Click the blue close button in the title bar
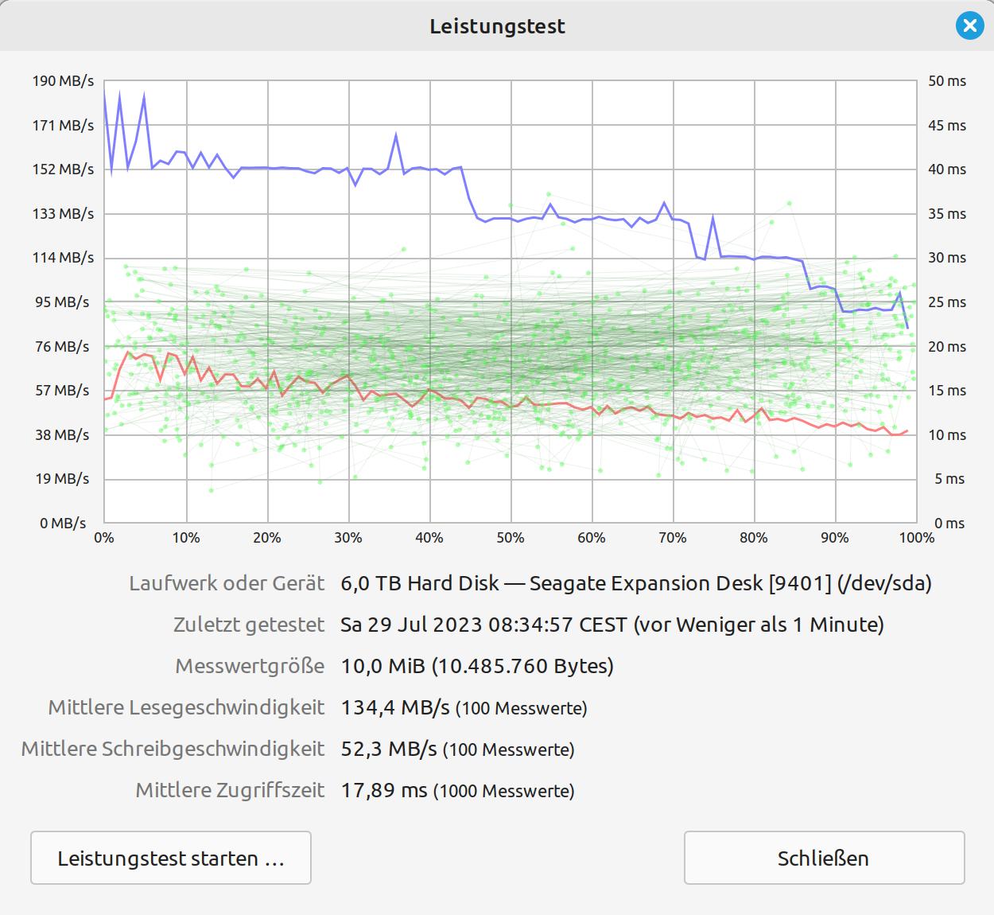[969, 26]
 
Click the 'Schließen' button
[824, 858]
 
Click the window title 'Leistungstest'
[497, 26]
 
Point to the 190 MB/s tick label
[63, 81]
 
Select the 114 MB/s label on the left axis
[63, 258]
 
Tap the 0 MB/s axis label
[63, 524]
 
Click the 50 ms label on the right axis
[946, 81]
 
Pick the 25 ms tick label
[946, 302]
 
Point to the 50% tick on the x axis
[511, 538]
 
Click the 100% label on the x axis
[916, 538]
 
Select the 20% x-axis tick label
[267, 538]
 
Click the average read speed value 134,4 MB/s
[395, 707]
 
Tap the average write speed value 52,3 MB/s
[389, 749]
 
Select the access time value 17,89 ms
[384, 790]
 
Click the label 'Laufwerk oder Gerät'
[227, 583]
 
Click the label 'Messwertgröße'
[250, 666]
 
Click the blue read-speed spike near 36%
[396, 137]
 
